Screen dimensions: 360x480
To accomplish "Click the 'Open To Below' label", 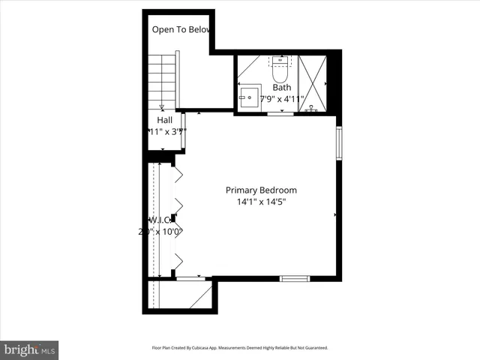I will coord(182,30).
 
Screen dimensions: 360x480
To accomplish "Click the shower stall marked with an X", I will coord(313,82).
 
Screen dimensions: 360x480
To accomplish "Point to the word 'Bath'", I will coord(281,88).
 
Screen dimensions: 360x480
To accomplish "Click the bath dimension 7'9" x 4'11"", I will coord(281,99).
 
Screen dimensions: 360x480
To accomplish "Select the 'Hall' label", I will coord(165,120).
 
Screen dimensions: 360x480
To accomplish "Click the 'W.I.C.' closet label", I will coord(160,220).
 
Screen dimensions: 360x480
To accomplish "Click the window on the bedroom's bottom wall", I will coord(295,279).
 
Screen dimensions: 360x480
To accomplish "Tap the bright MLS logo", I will coord(30,349).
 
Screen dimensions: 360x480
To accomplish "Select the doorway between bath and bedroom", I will coord(280,113).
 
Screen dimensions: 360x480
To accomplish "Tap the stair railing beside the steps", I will coord(177,79).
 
